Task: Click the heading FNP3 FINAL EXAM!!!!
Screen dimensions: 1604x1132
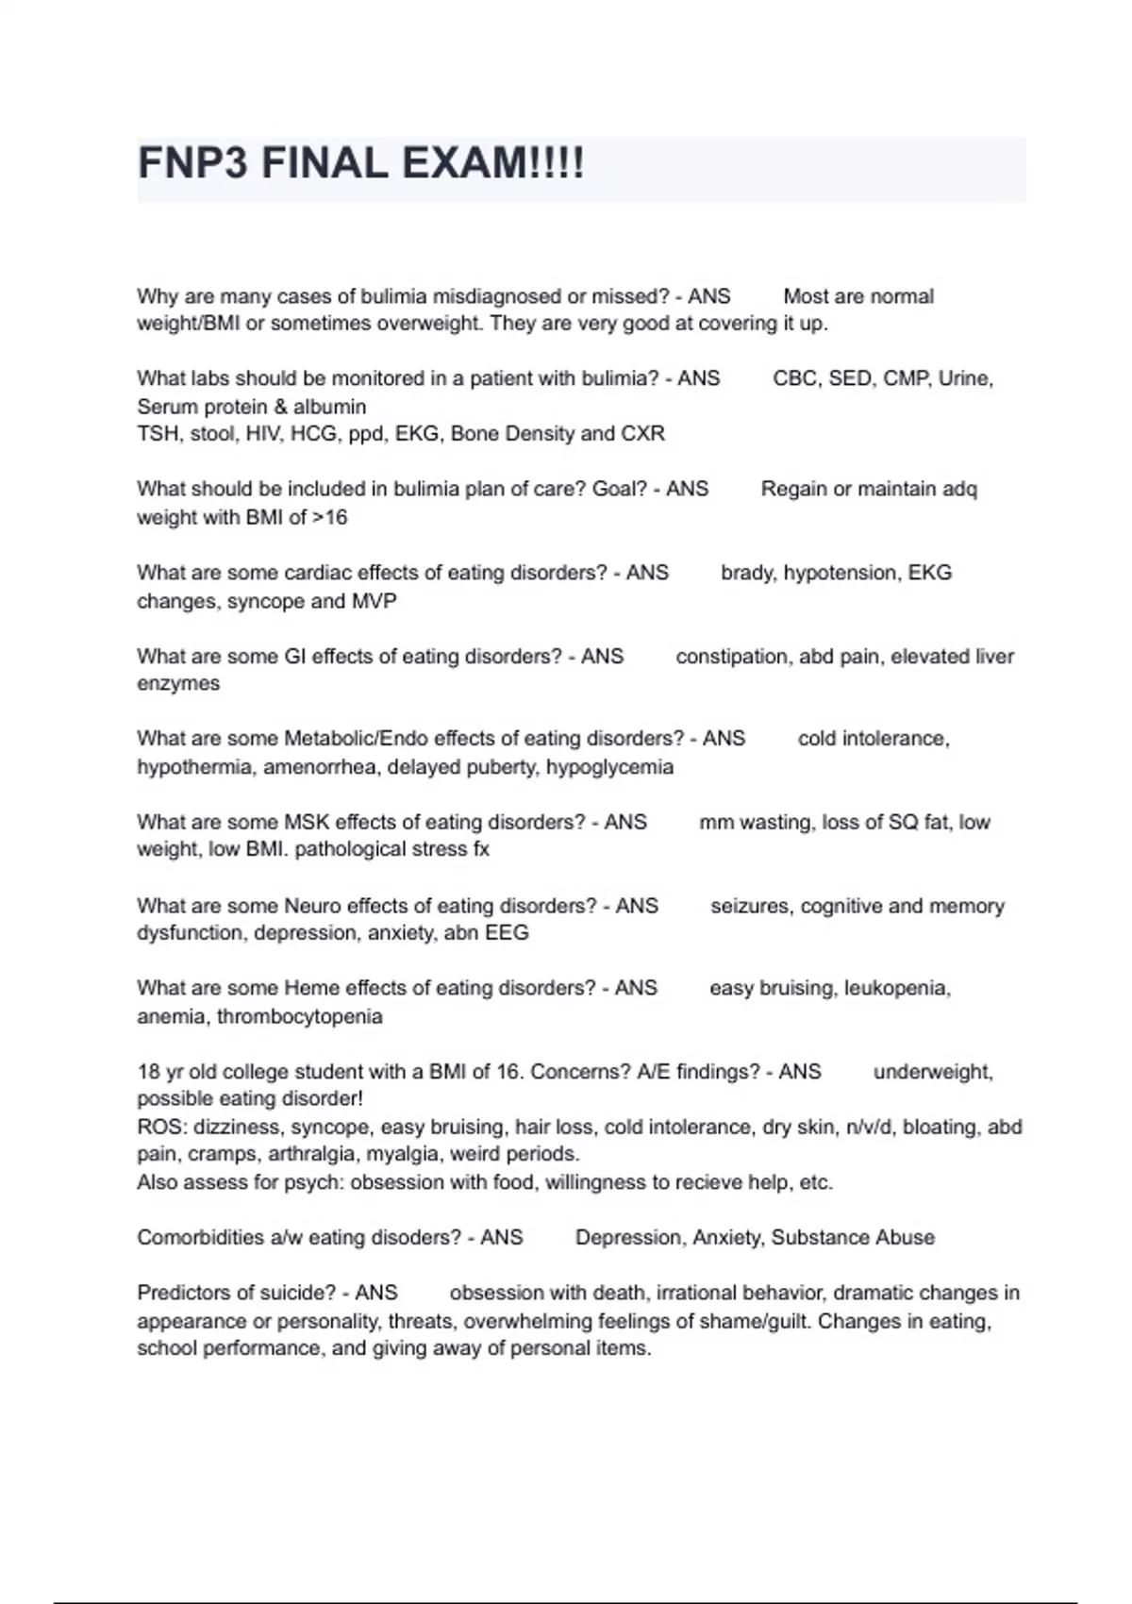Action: coord(361,164)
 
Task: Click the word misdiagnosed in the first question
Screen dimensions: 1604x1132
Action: coord(496,296)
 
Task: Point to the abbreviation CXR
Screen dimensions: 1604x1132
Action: coord(642,434)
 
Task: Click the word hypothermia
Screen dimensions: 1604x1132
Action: coord(194,766)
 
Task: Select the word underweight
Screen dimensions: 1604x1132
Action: coord(932,1072)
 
